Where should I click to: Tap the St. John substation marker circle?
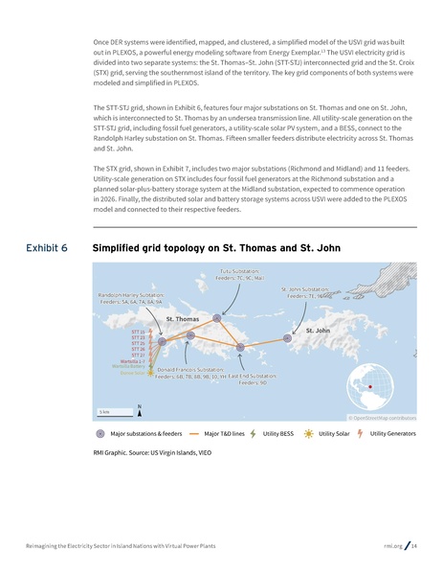tap(288, 337)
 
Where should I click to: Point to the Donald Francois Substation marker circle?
tap(190, 335)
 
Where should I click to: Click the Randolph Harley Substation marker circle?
tap(162, 340)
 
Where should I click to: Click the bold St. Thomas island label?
tap(182, 318)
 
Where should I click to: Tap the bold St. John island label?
tap(318, 331)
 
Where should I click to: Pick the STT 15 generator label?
tap(137, 332)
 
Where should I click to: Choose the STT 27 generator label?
tap(137, 355)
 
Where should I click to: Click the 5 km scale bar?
tap(112, 413)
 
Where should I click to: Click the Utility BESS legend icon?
tap(253, 433)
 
